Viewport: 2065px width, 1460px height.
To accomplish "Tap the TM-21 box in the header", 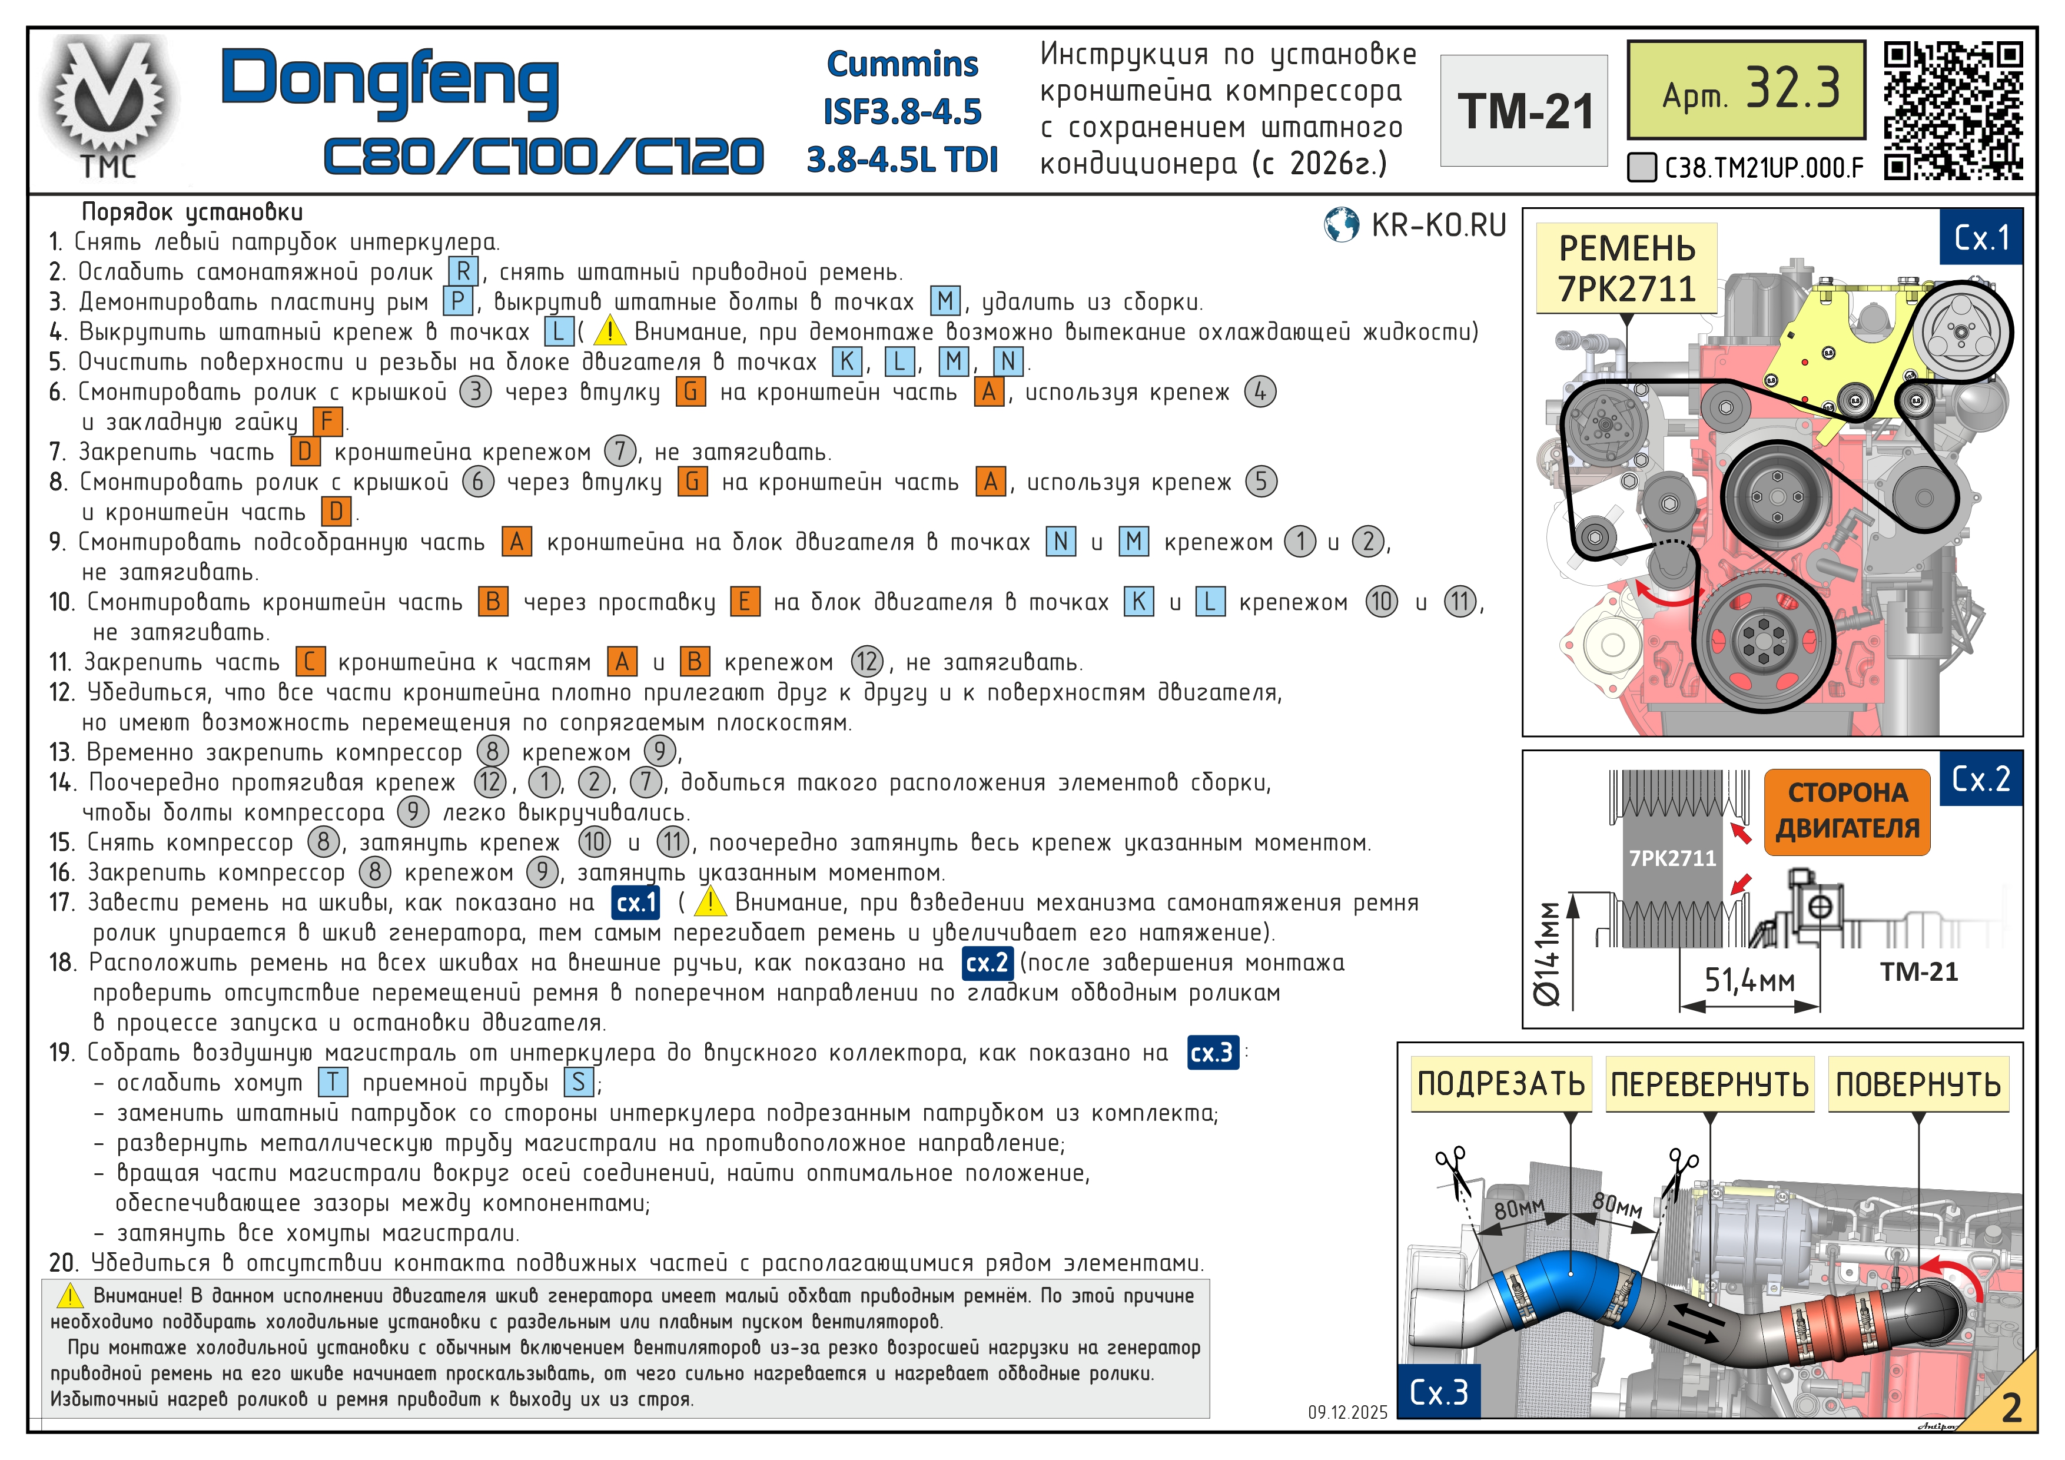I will pyautogui.click(x=1523, y=111).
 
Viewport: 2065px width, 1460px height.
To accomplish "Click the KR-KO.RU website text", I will pyautogui.click(x=1438, y=225).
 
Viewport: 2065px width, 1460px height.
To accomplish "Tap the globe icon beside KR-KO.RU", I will pyautogui.click(x=1341, y=225).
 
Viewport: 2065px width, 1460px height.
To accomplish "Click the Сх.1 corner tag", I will pyautogui.click(x=1981, y=237).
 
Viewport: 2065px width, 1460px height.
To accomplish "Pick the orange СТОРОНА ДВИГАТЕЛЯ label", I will pyautogui.click(x=1847, y=811).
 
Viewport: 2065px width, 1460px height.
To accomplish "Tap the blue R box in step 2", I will pyautogui.click(x=462, y=271).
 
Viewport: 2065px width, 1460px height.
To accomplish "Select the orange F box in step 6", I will pyautogui.click(x=327, y=422).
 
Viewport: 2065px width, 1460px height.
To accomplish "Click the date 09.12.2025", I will pyautogui.click(x=1347, y=1412).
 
